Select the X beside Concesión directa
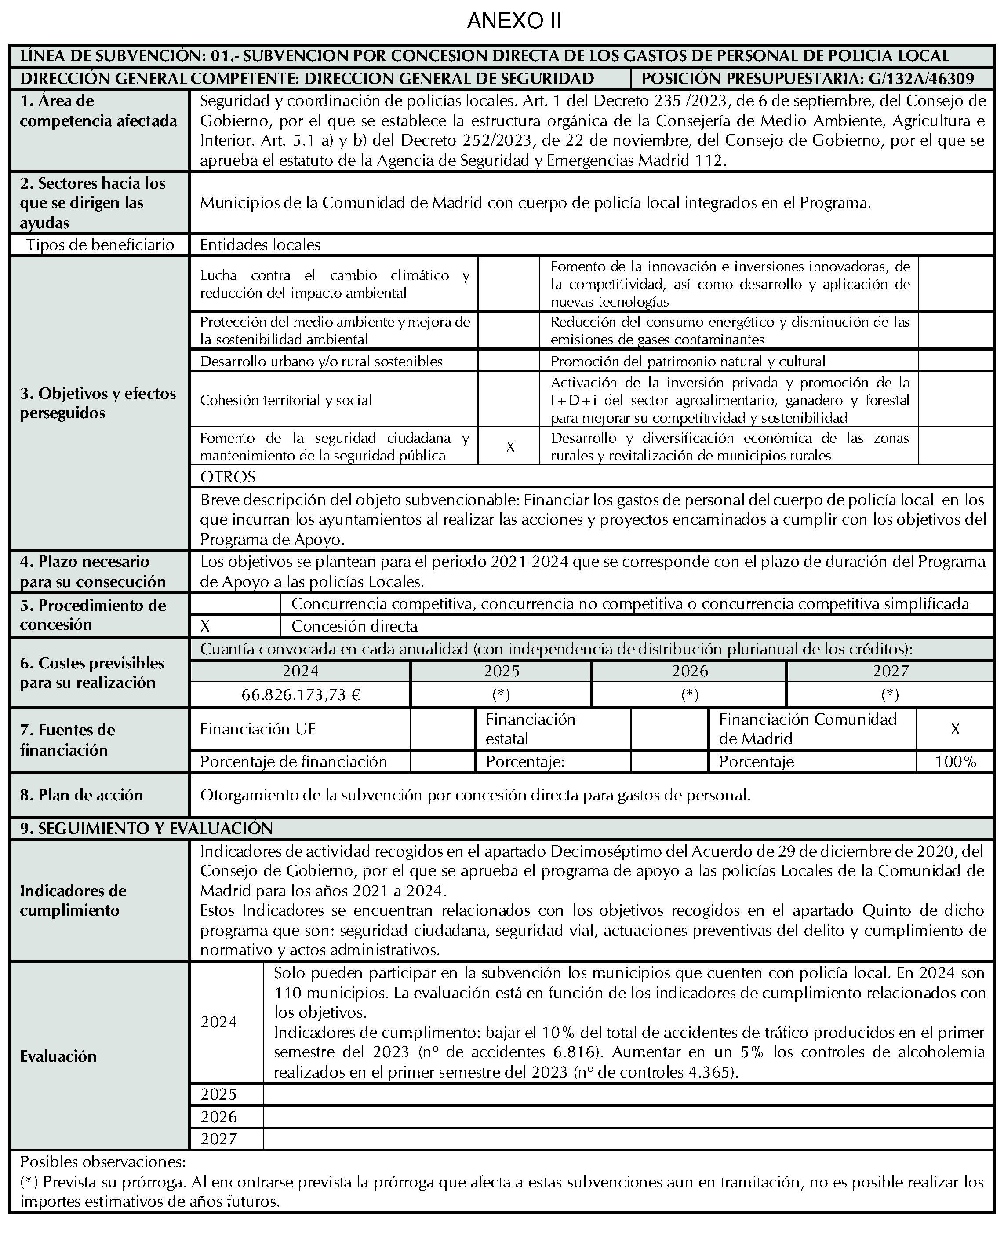(x=205, y=626)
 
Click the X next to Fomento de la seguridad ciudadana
(x=510, y=446)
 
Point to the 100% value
(x=955, y=762)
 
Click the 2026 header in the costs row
(x=689, y=671)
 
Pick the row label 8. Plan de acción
(x=82, y=795)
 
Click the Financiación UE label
(x=258, y=729)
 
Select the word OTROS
(x=227, y=477)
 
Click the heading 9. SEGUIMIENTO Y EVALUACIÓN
(x=146, y=829)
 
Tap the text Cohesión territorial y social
(x=286, y=400)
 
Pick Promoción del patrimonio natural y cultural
(x=688, y=362)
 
